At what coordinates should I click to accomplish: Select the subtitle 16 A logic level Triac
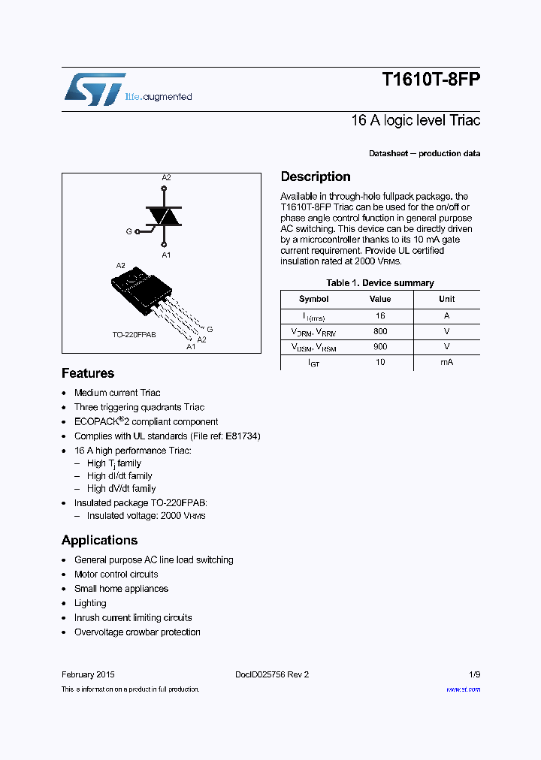point(415,120)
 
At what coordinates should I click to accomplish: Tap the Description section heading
point(316,176)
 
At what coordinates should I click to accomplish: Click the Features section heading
point(88,373)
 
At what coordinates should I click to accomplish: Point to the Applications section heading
point(99,540)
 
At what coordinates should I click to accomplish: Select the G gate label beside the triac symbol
point(128,232)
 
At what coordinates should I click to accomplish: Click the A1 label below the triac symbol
point(166,255)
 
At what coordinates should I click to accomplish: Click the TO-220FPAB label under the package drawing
point(134,334)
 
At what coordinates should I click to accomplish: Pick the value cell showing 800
point(380,330)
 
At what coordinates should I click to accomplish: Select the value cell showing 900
point(380,346)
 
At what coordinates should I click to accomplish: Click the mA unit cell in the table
point(446,362)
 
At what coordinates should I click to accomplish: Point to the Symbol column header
point(313,299)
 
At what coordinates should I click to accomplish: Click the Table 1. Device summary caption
point(379,283)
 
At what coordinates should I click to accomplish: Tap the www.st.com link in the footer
point(463,689)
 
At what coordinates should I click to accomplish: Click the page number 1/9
point(473,674)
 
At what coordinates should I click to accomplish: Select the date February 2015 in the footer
point(88,674)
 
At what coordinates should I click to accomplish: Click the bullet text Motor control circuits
point(116,575)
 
